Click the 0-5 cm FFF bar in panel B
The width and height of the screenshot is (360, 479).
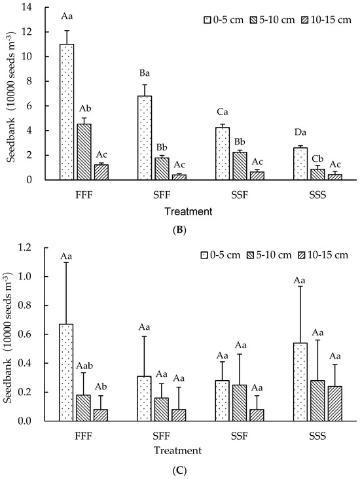(67, 112)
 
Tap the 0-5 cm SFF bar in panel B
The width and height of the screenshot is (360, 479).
(145, 138)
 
